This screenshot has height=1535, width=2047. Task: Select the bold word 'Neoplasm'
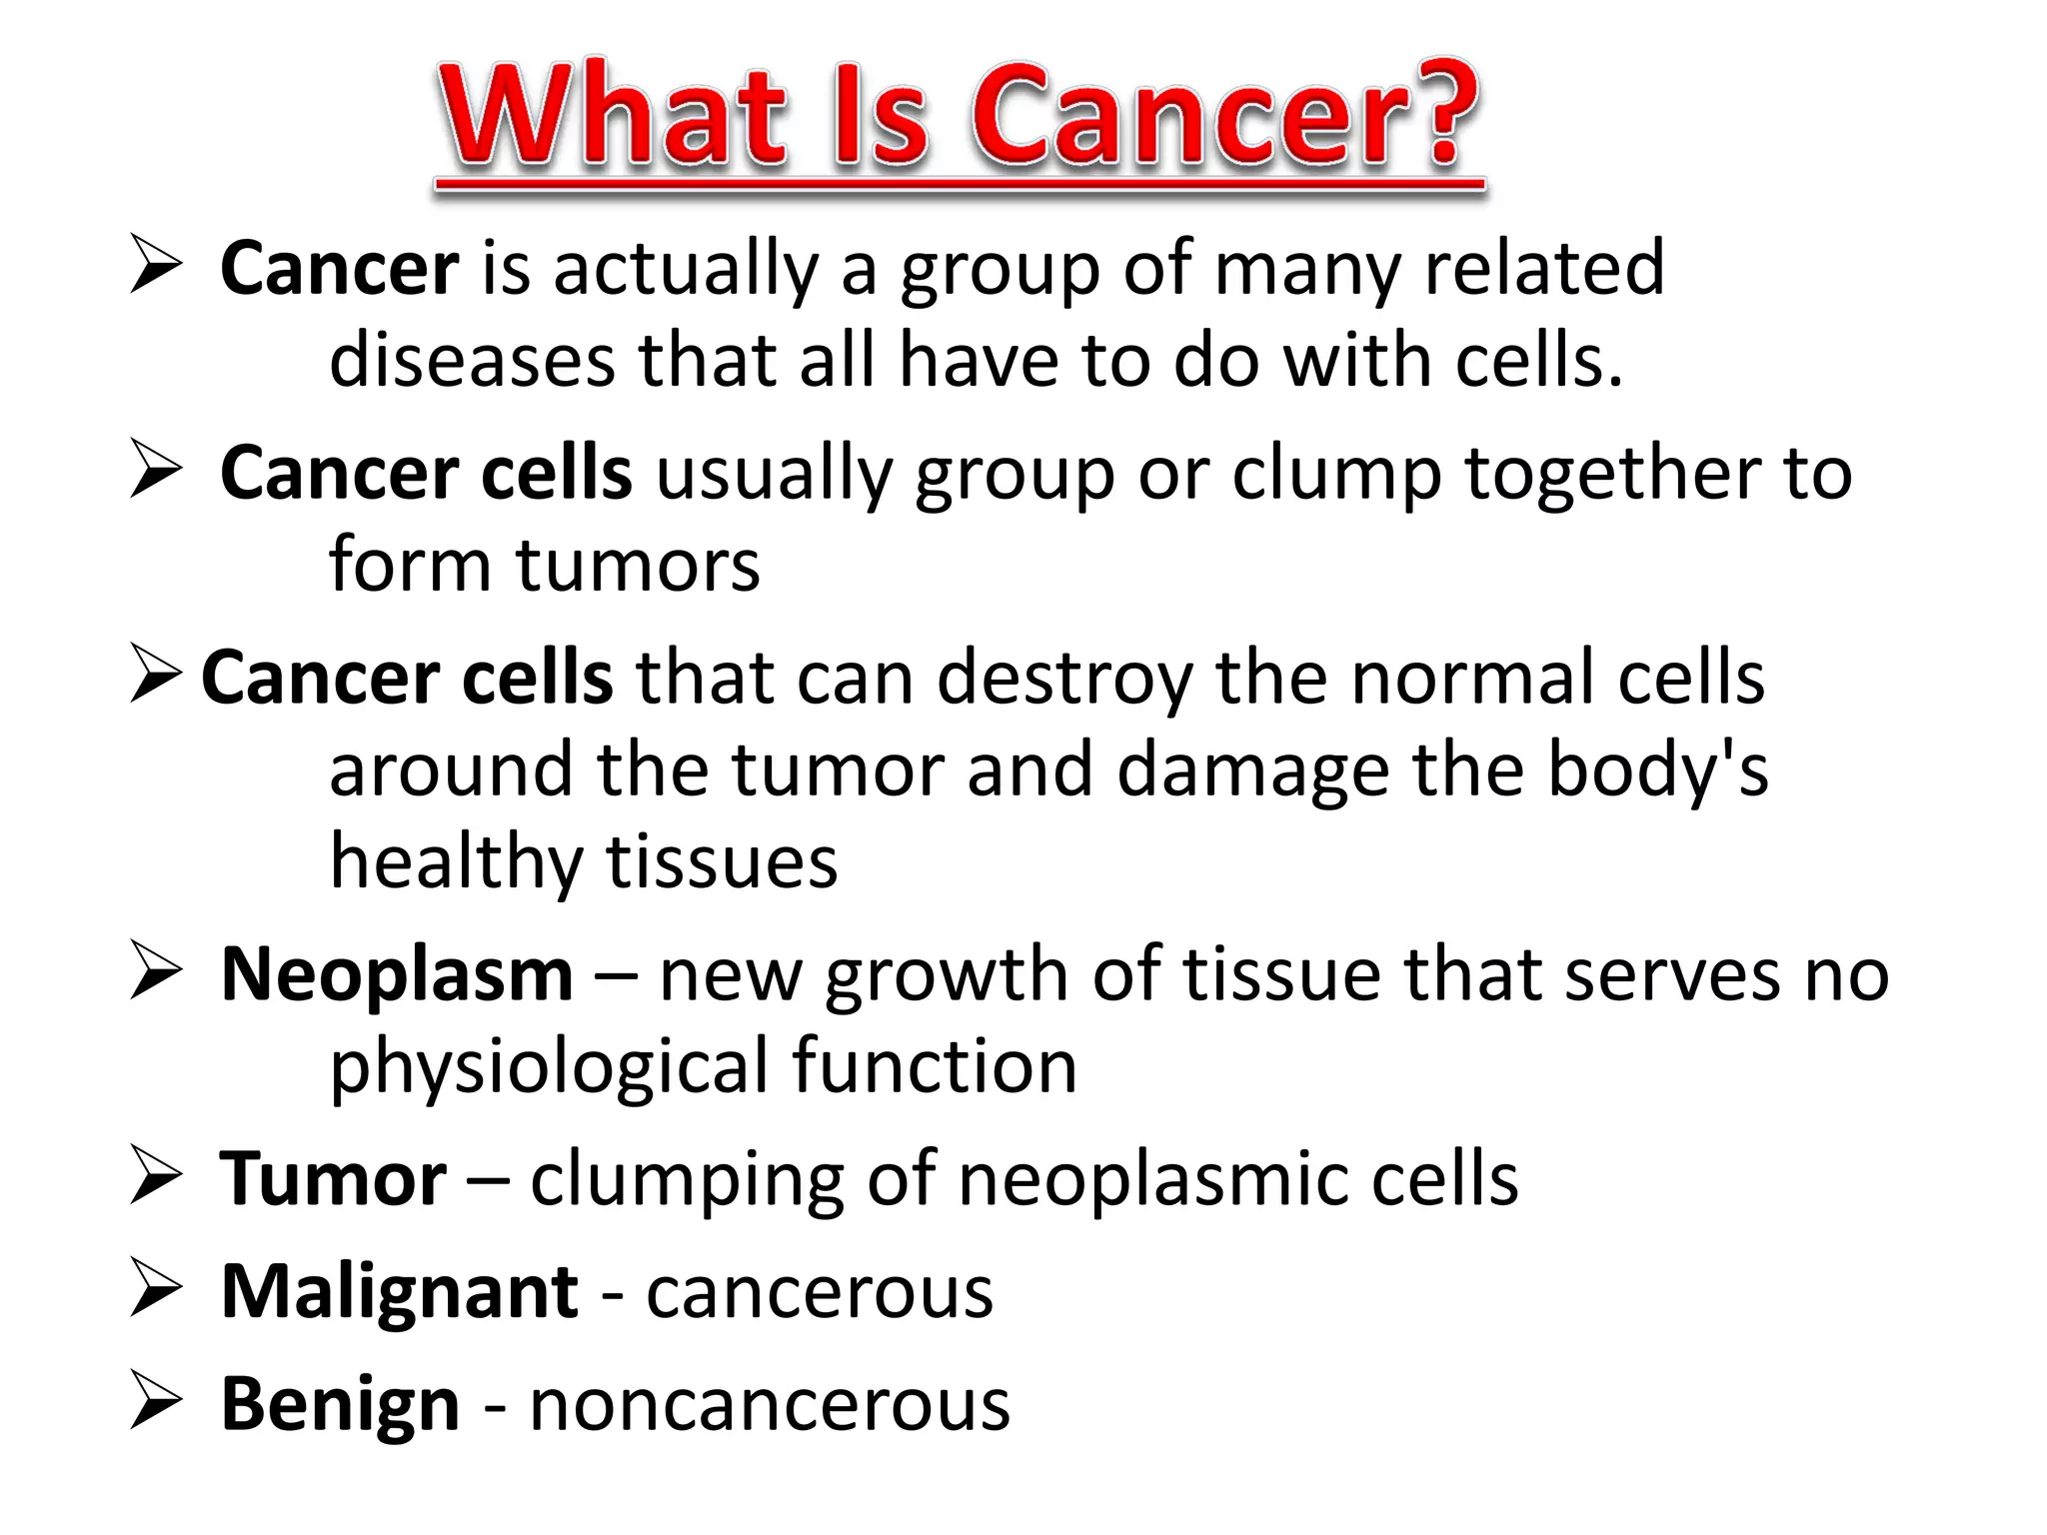pyautogui.click(x=397, y=974)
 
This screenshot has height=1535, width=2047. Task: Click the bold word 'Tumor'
pyautogui.click(x=333, y=1179)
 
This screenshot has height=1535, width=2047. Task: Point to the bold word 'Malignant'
pyautogui.click(x=399, y=1292)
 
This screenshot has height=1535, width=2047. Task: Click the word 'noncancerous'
pyautogui.click(x=770, y=1405)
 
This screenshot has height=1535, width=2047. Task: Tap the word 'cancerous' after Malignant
pyautogui.click(x=820, y=1292)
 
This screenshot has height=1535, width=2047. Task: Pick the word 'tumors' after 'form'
pyautogui.click(x=638, y=565)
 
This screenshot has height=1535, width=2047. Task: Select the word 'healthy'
pyautogui.click(x=456, y=863)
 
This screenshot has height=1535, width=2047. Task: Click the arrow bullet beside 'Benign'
pyautogui.click(x=156, y=1403)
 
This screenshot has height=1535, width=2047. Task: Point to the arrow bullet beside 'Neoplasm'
pyautogui.click(x=156, y=973)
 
